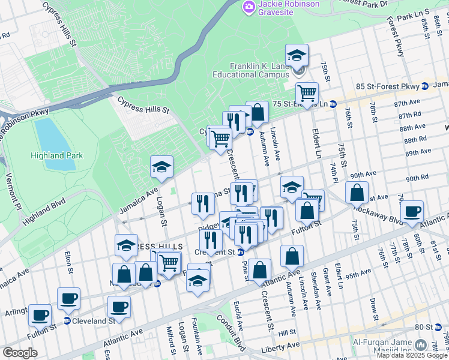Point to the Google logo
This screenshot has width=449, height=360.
pyautogui.click(x=20, y=353)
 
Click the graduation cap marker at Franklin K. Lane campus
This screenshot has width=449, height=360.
pyautogui.click(x=297, y=56)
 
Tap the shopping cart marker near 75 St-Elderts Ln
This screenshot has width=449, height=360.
pyautogui.click(x=307, y=94)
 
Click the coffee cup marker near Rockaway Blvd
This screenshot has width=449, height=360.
pyautogui.click(x=412, y=212)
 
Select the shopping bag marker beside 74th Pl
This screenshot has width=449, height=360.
pyautogui.click(x=357, y=193)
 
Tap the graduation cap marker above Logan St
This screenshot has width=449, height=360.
pyautogui.click(x=161, y=168)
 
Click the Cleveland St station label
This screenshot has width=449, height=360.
pyautogui.click(x=95, y=321)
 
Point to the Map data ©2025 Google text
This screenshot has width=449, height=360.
pyautogui.click(x=412, y=355)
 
